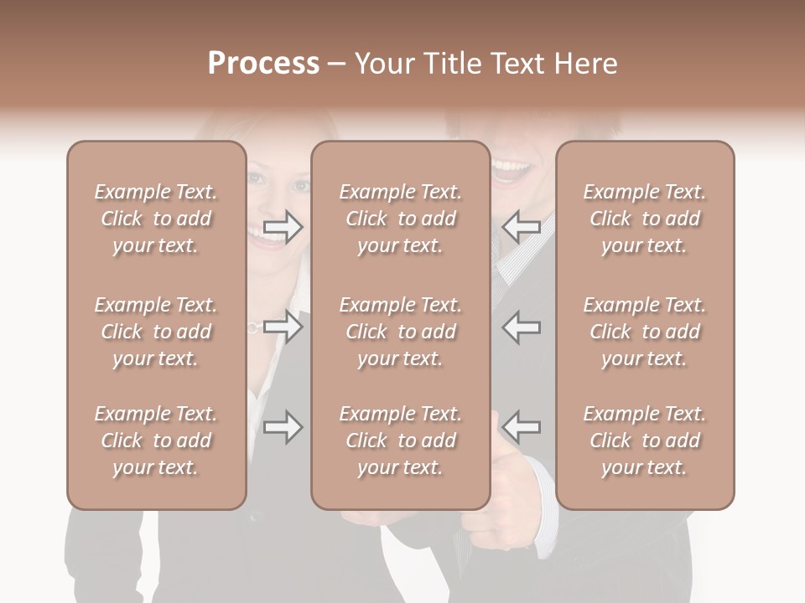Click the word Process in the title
tap(263, 64)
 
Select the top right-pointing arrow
tap(283, 227)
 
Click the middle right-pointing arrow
tap(283, 327)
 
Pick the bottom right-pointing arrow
tap(283, 427)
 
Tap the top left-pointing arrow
tap(522, 227)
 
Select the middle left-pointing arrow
tap(522, 327)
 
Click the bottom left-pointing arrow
tap(522, 427)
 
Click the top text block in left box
tap(156, 219)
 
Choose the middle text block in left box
tap(156, 332)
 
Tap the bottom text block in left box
tap(156, 441)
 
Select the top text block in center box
tap(400, 219)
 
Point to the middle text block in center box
tap(400, 332)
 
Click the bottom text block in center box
tap(400, 441)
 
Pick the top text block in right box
tap(644, 219)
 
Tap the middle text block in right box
tap(644, 332)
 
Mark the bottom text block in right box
tap(644, 441)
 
